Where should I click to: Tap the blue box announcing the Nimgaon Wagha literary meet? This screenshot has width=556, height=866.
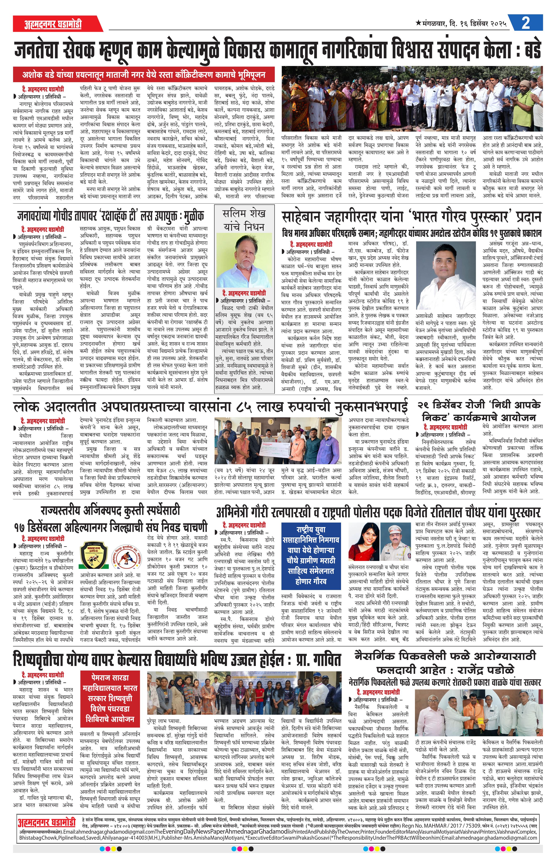pyautogui.click(x=311, y=556)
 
